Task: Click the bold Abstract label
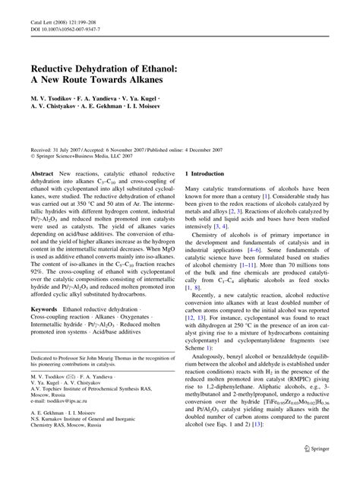(42, 174)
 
